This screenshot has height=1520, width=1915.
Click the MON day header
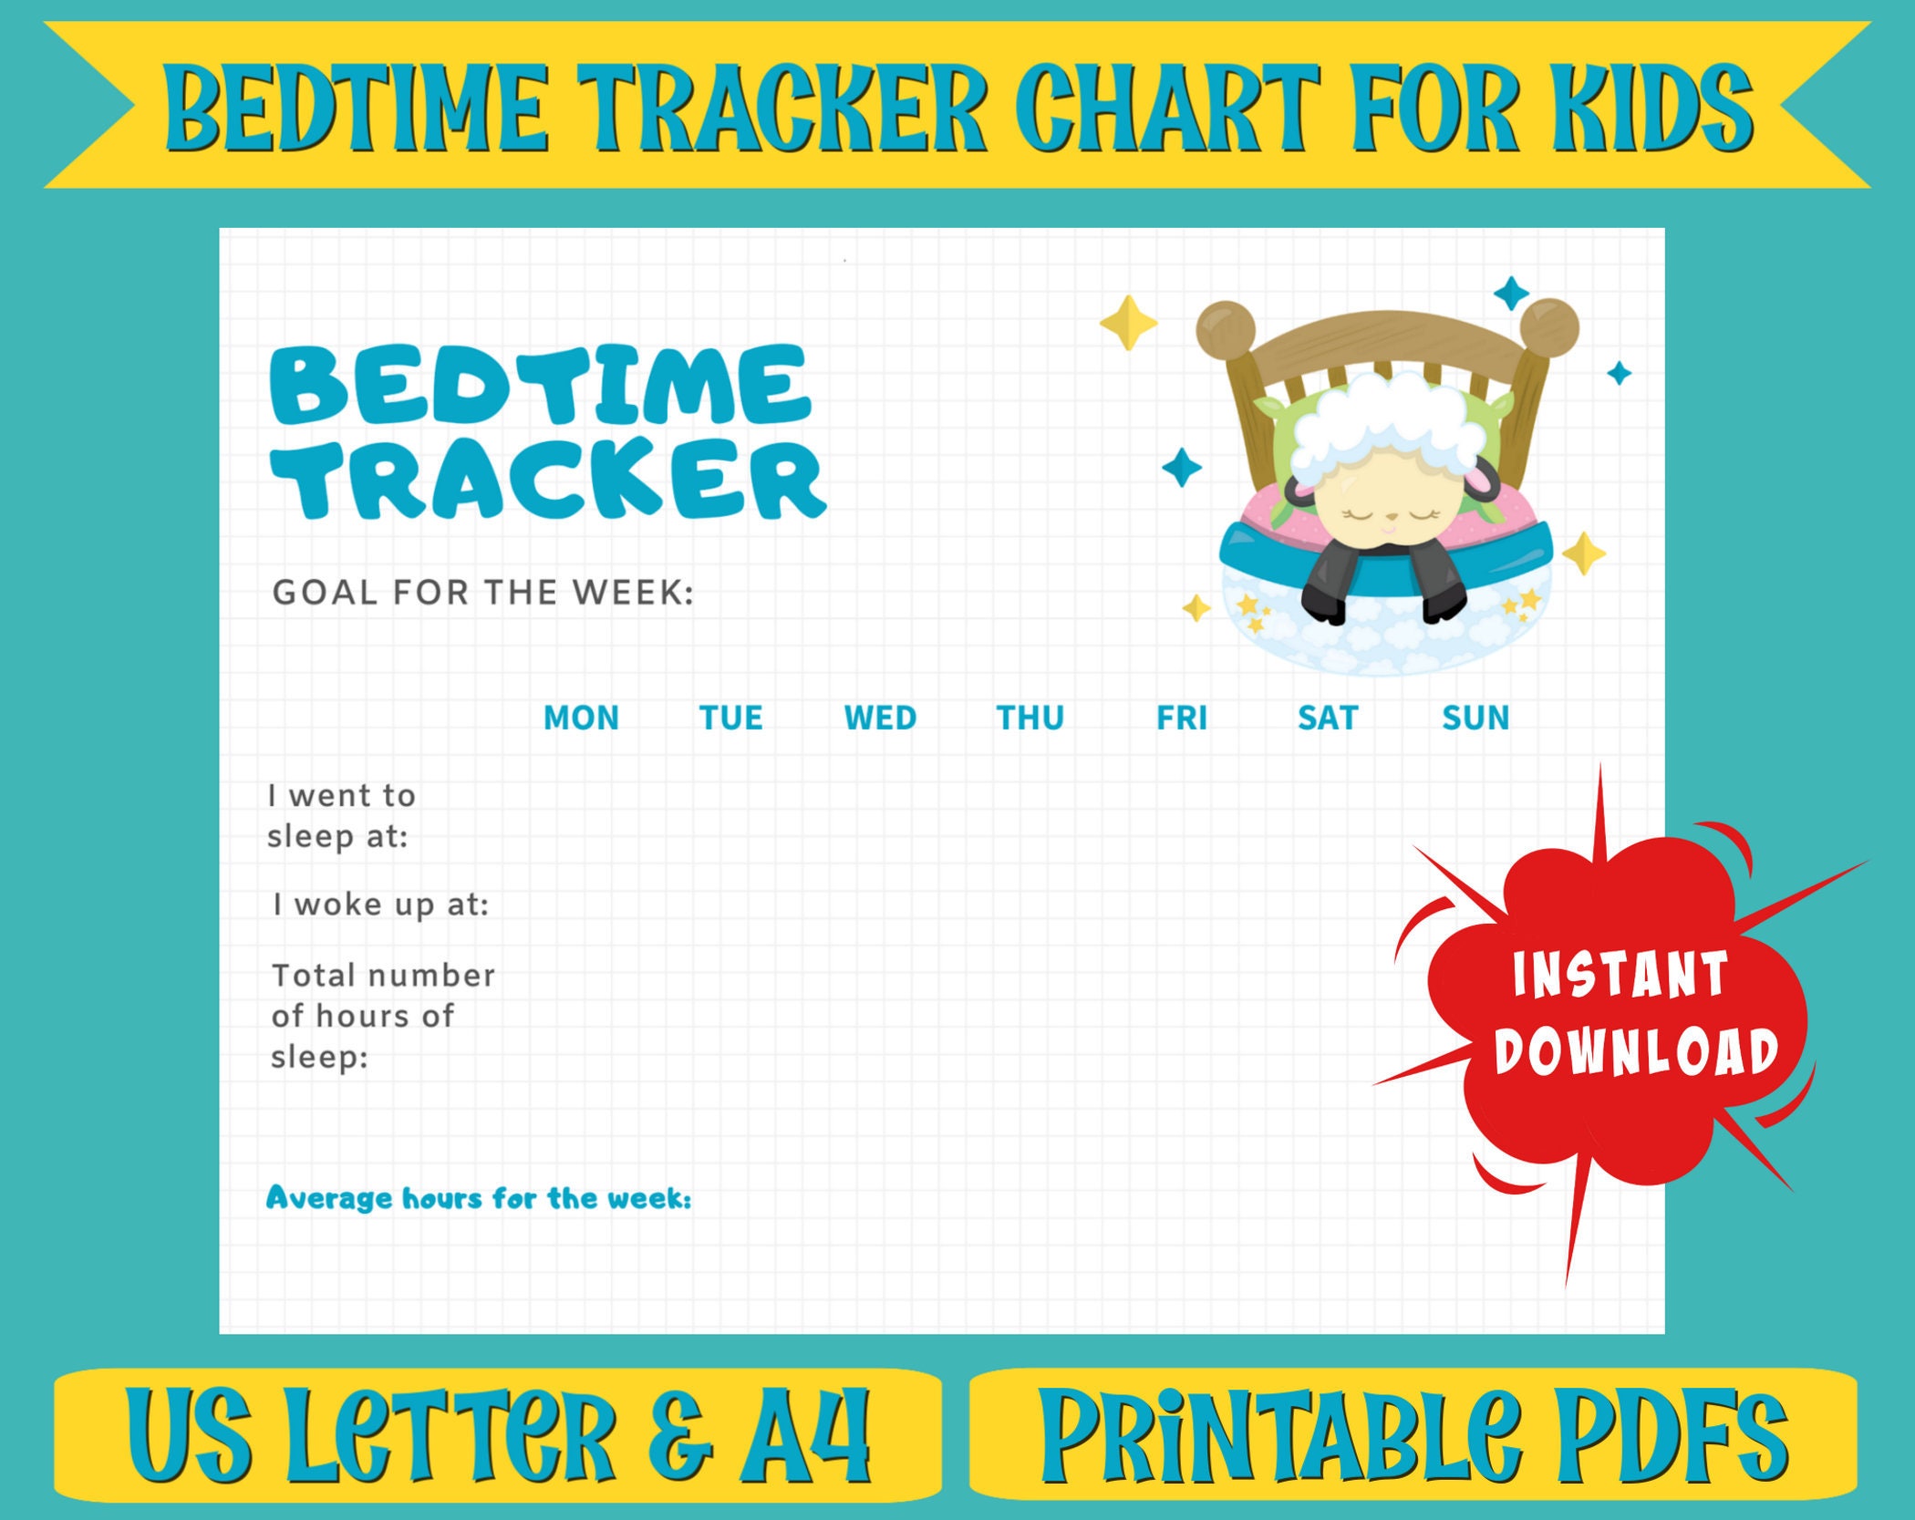coord(581,718)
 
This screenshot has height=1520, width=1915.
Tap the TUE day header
coord(730,718)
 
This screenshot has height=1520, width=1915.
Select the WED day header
coord(880,718)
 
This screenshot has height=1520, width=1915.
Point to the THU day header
coord(1030,718)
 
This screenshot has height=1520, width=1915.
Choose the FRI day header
coord(1181,718)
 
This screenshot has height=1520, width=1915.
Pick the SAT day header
coord(1328,718)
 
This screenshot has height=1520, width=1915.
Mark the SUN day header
coord(1475,718)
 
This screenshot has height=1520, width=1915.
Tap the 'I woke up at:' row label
coord(381,905)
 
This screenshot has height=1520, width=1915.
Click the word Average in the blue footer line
coord(328,1197)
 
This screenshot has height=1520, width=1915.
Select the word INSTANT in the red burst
coord(1620,974)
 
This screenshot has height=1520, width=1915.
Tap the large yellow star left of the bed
coord(1128,323)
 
